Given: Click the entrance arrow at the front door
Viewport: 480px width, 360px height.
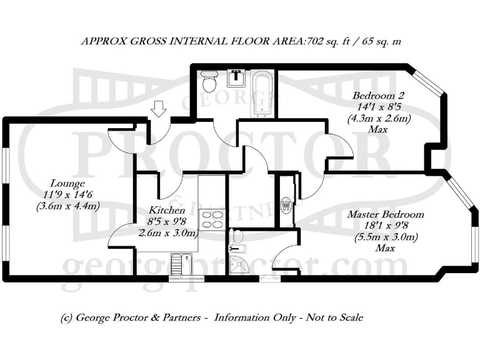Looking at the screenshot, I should pyautogui.click(x=159, y=109).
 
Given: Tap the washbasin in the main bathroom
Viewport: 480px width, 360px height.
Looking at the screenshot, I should pyautogui.click(x=236, y=77).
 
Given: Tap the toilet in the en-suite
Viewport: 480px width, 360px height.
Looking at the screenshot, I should pyautogui.click(x=236, y=237).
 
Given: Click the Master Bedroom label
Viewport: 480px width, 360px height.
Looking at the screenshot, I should pyautogui.click(x=386, y=214).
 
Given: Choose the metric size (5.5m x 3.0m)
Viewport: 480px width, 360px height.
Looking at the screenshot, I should pyautogui.click(x=386, y=237).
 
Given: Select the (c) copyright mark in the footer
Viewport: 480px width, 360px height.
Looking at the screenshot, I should pyautogui.click(x=67, y=317).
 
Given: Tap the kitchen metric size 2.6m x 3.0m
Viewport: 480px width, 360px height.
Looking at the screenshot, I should pyautogui.click(x=167, y=233).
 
